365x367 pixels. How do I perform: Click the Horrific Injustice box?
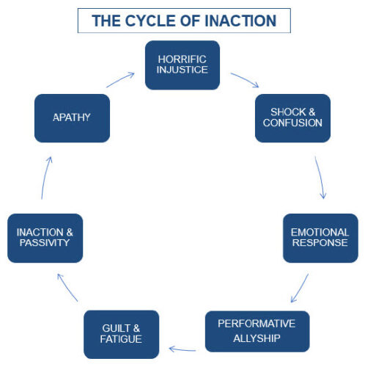pos(182,65)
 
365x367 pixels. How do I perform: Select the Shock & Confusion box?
pos(292,118)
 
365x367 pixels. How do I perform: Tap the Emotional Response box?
pos(320,238)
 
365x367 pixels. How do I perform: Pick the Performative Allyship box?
pos(257,332)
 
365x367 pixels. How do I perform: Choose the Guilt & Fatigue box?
pos(121,335)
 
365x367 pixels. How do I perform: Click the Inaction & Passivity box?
pos(45,238)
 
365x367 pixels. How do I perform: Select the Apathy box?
pos(72,118)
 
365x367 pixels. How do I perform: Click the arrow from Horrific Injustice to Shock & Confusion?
pos(245,79)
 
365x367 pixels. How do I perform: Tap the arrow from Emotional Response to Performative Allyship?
pos(300,288)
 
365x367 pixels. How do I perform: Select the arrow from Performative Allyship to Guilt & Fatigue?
pos(182,349)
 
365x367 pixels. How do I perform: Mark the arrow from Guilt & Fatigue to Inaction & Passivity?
pos(67,287)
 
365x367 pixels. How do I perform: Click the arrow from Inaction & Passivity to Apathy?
pos(45,178)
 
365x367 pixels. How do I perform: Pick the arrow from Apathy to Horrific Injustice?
pos(120,79)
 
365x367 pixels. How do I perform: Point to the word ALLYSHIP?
pos(257,338)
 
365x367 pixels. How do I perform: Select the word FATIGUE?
pos(121,339)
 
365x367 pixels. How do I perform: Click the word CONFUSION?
pos(292,123)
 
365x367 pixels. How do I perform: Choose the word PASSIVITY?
pos(45,243)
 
